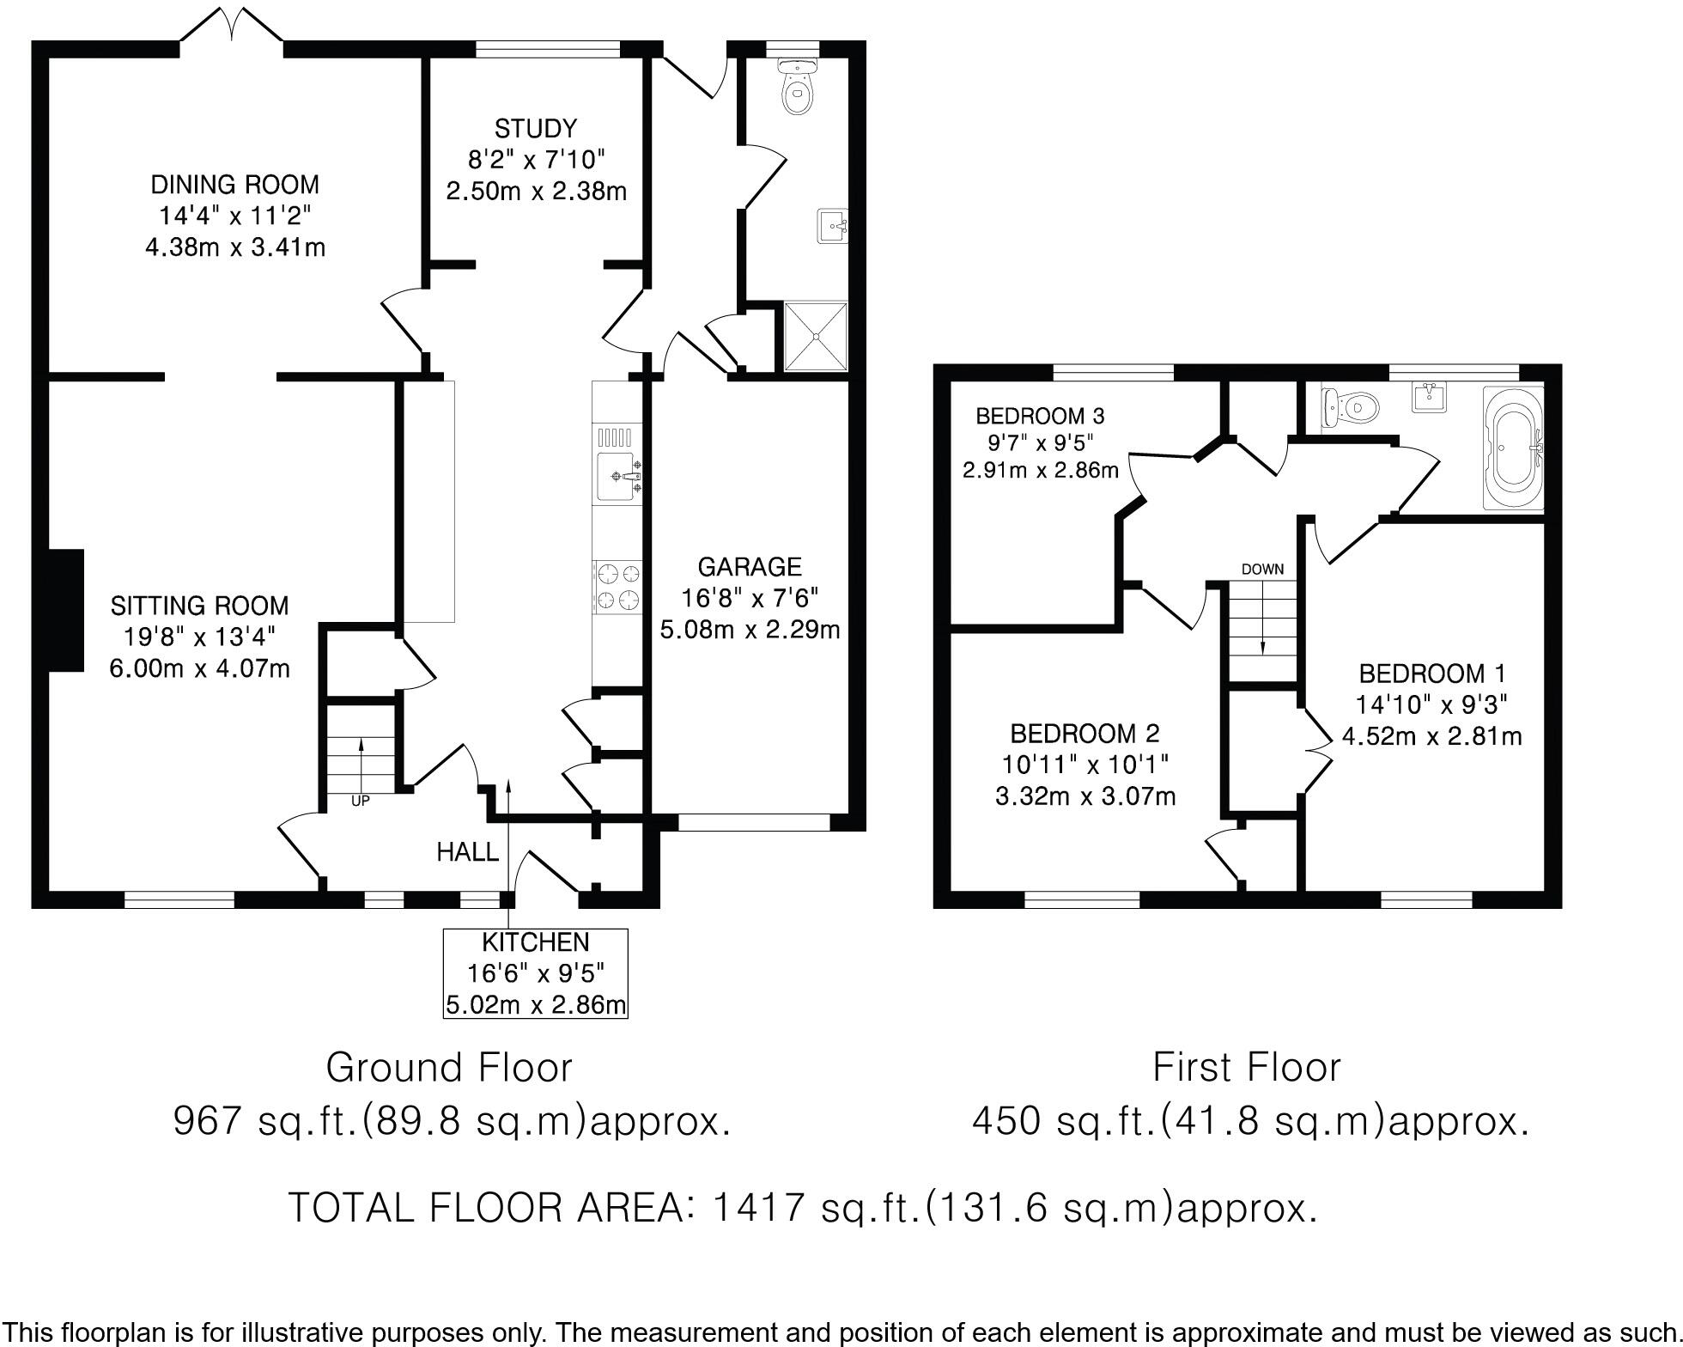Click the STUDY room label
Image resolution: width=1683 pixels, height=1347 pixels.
click(536, 130)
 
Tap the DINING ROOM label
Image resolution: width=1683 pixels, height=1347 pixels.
click(234, 185)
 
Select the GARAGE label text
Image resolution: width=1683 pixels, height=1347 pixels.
click(750, 567)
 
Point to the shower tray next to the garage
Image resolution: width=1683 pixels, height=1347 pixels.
click(815, 336)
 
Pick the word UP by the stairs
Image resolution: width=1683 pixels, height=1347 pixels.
click(360, 801)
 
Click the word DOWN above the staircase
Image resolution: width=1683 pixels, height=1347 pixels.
click(1262, 569)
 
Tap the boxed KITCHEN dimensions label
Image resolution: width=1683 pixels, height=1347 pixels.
click(535, 973)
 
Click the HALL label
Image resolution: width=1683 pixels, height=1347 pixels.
click(467, 852)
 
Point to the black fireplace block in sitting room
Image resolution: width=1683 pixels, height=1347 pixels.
click(66, 611)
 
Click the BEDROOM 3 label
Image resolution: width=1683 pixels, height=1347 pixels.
click(1040, 417)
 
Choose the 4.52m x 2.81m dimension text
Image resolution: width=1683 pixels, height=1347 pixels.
click(1431, 736)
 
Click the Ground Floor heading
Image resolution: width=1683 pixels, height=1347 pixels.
click(449, 1068)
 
